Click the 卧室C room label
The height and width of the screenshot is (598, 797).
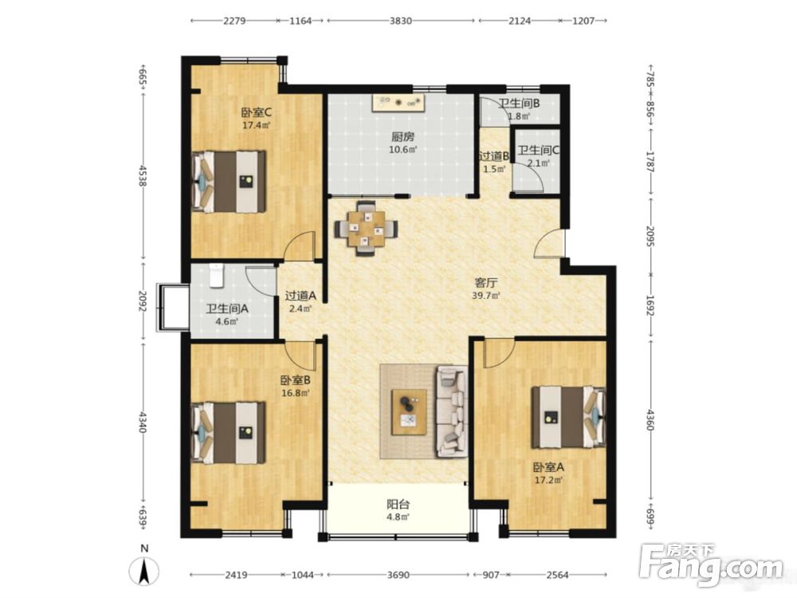[x=256, y=112]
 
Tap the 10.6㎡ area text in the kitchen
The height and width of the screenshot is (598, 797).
[x=403, y=150]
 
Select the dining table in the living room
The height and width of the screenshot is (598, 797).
[x=366, y=229]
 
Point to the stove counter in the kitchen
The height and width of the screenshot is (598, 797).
[x=398, y=103]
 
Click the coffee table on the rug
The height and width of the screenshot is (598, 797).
[x=409, y=412]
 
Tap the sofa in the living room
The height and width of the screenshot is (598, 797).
[x=451, y=411]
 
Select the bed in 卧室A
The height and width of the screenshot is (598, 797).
[x=569, y=417]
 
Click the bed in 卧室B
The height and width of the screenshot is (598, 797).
[x=229, y=433]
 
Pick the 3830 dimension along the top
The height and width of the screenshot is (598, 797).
[x=401, y=21]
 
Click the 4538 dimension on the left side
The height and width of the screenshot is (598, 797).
[x=143, y=175]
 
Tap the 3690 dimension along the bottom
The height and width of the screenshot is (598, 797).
[x=398, y=575]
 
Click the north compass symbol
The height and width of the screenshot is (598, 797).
[x=144, y=571]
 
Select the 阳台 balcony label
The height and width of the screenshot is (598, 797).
[x=398, y=505]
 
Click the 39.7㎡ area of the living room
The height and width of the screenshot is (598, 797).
[x=486, y=296]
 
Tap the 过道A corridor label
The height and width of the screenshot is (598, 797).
[x=300, y=295]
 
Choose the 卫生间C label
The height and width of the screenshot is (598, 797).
[x=538, y=151]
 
